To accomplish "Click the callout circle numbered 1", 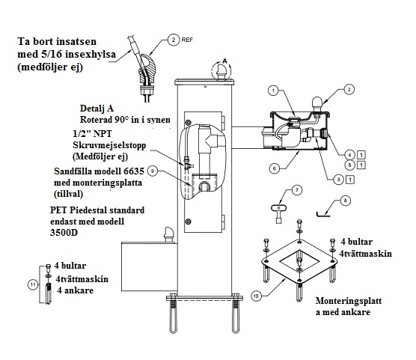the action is coord(274,91).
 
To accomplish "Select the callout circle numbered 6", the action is coord(275,168).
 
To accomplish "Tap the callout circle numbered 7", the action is coord(297,190).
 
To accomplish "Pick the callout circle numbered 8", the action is coord(345,201).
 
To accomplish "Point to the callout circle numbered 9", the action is coord(153,171).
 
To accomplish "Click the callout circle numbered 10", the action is coord(256,296).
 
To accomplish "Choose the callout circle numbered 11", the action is coord(33,285).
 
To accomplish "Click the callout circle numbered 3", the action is coord(338,180).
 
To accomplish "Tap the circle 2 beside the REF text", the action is coord(174,40).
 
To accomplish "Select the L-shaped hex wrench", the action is coord(322,215).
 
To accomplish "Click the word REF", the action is coord(187,40).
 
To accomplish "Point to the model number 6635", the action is coord(134,171).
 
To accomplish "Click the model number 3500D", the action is coord(64,233).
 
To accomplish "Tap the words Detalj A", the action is coord(97,109).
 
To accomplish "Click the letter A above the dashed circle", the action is coord(224,61).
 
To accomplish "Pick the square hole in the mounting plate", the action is coord(299,260).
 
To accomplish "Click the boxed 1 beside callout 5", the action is coord(361,165).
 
